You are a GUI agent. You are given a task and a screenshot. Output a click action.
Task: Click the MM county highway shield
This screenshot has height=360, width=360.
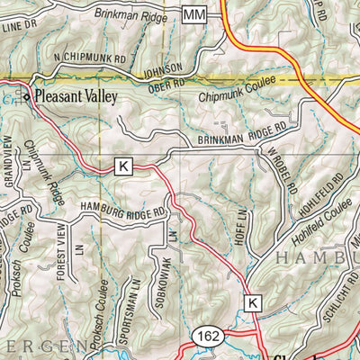(x=193, y=14)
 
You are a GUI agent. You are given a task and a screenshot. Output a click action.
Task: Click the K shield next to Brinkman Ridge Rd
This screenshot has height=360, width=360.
(x=123, y=166)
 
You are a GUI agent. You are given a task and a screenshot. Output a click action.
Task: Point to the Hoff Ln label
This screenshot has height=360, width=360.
(x=240, y=220)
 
